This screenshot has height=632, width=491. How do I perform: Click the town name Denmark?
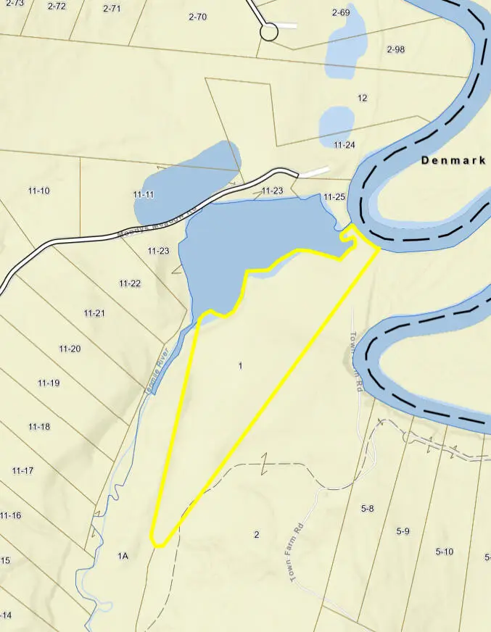(453, 161)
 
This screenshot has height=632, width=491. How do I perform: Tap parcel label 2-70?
(197, 17)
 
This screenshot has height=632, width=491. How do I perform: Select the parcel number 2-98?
(395, 49)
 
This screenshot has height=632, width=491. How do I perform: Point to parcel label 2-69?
(341, 12)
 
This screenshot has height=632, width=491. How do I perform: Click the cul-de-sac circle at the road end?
(269, 32)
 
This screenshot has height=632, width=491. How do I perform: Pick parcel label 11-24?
(344, 145)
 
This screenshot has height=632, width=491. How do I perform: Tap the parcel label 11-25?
(335, 196)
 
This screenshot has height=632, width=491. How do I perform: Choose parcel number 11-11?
(144, 194)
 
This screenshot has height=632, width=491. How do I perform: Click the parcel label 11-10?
(39, 191)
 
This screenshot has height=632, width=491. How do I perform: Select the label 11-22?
(130, 283)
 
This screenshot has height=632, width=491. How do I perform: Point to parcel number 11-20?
(70, 349)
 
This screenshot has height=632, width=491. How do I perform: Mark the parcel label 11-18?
(39, 427)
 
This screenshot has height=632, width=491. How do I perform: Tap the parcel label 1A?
(123, 556)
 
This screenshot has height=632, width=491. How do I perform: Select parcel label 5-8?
(367, 509)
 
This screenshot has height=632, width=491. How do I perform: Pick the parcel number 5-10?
(444, 552)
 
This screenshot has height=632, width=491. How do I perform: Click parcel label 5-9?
(403, 531)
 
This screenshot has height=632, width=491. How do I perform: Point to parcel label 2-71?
(112, 9)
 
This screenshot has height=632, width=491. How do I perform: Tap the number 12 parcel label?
(363, 98)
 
